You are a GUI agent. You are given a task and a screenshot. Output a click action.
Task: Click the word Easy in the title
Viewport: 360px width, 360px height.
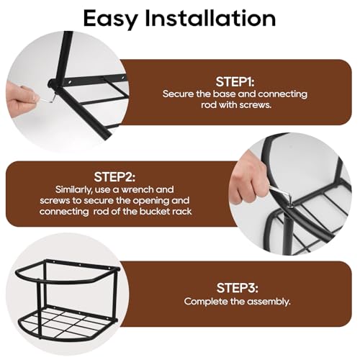pos(111,19)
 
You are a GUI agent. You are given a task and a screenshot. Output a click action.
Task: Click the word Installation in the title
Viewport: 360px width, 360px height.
pos(210,17)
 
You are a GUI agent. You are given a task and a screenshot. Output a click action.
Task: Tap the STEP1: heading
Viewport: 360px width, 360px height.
pos(235,82)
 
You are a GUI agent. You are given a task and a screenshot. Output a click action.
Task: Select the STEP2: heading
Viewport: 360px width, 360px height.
pos(114,177)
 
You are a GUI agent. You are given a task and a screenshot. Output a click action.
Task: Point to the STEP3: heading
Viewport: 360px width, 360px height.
pos(237,288)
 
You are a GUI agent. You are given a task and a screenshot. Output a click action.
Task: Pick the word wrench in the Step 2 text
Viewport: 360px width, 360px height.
pos(137,189)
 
